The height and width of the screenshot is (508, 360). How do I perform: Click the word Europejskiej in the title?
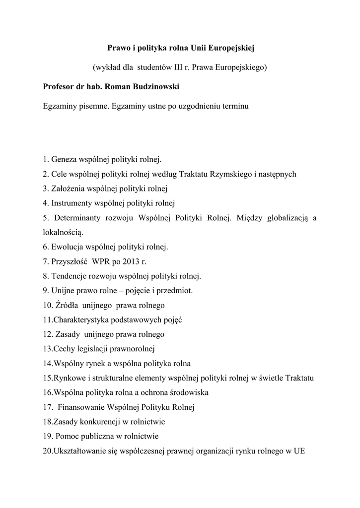click(x=229, y=48)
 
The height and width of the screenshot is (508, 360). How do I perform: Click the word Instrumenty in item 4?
click(x=71, y=203)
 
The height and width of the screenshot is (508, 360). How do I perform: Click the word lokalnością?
click(x=63, y=232)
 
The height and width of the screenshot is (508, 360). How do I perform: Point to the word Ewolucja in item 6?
click(x=67, y=246)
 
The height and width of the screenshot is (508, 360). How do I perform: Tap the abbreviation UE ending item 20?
click(x=299, y=451)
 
